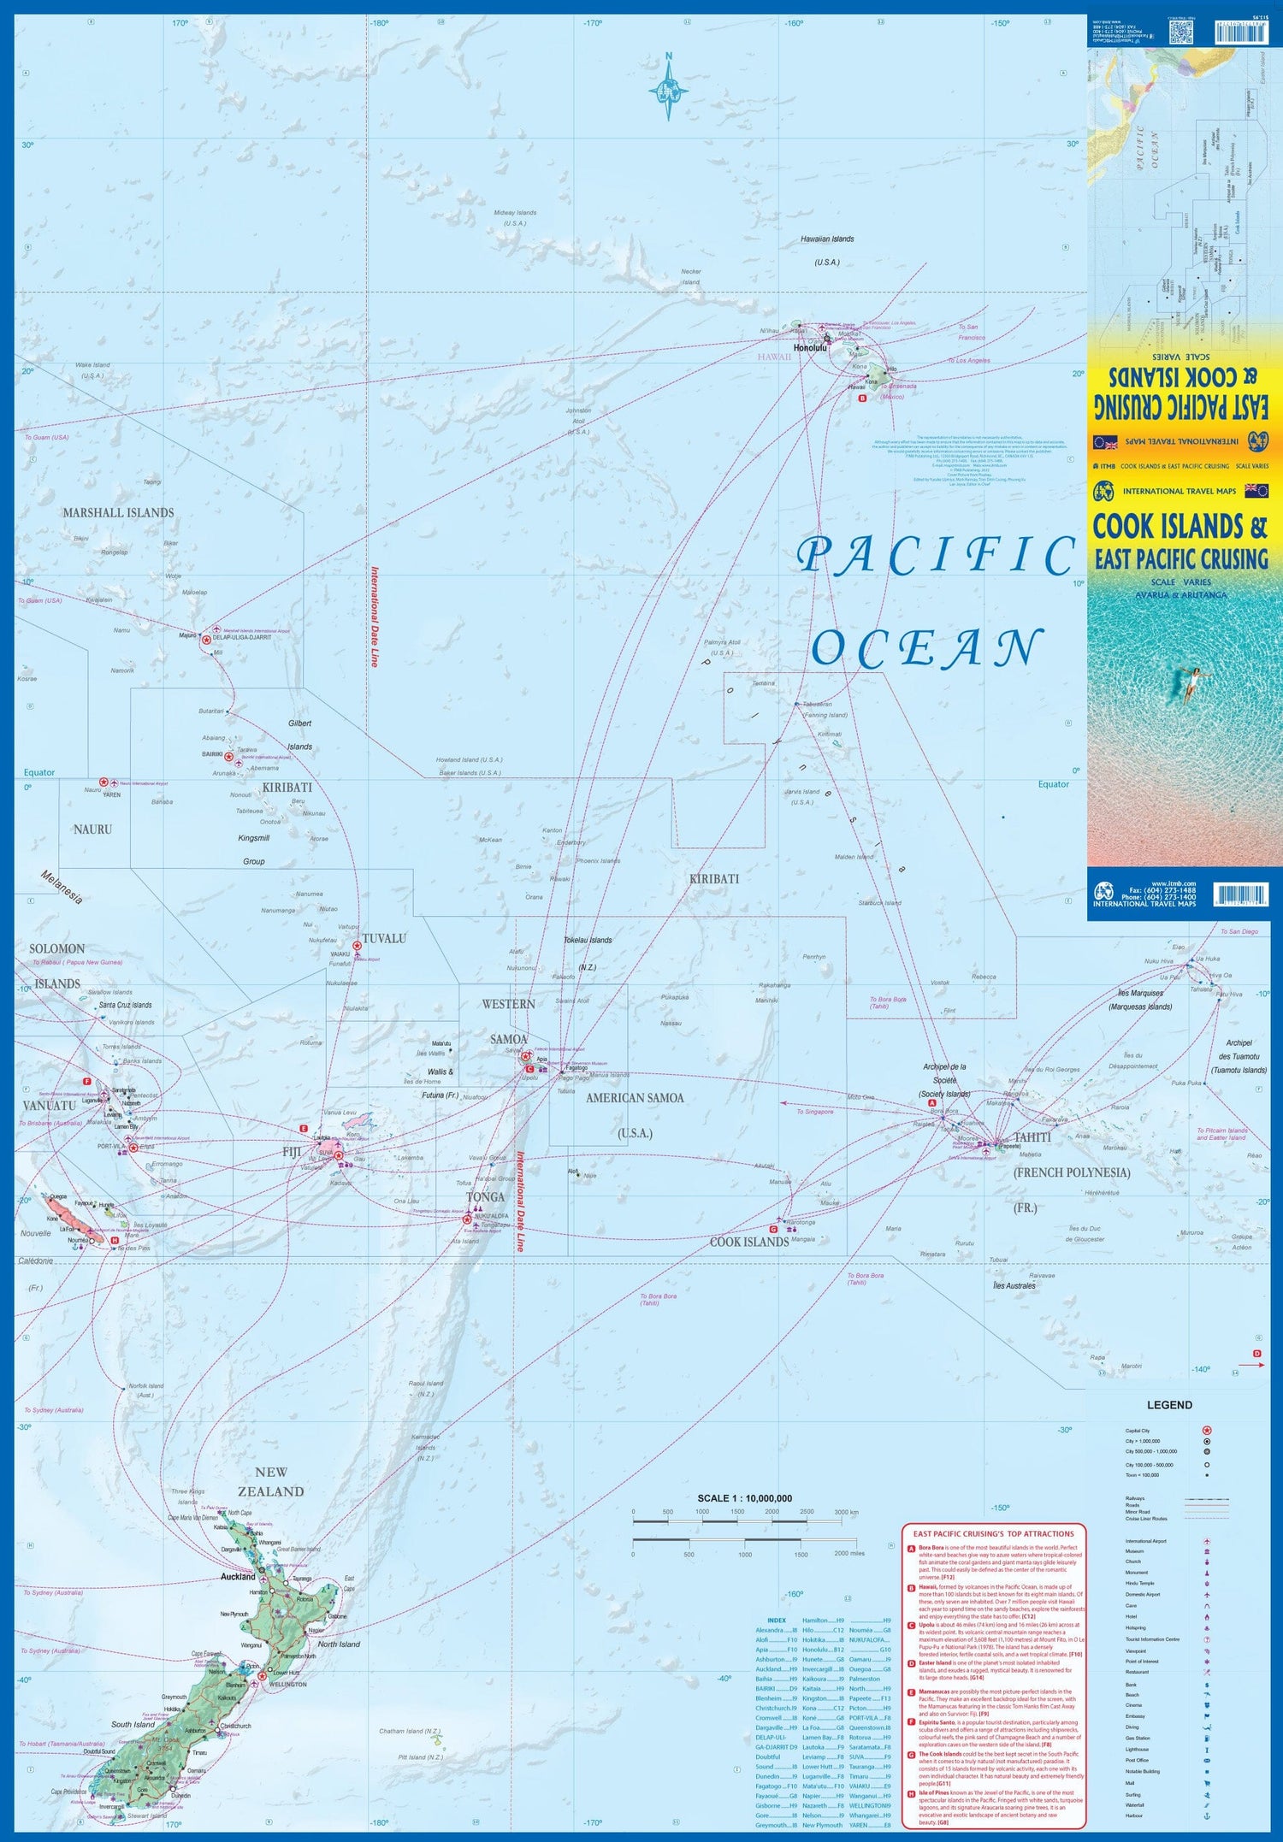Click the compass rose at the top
(x=669, y=86)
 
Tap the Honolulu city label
(x=810, y=348)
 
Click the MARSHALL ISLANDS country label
(x=118, y=512)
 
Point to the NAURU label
(x=92, y=829)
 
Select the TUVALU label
(x=384, y=938)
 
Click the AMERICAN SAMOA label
(x=635, y=1097)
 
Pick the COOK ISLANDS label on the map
(x=749, y=1242)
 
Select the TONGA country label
(x=485, y=1196)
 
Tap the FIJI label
(x=293, y=1152)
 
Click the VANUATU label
(x=49, y=1105)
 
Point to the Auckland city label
(x=238, y=1576)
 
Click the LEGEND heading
(x=1168, y=1405)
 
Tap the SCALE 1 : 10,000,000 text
(x=744, y=1498)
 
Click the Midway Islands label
(x=515, y=212)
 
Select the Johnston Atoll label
(x=578, y=416)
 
